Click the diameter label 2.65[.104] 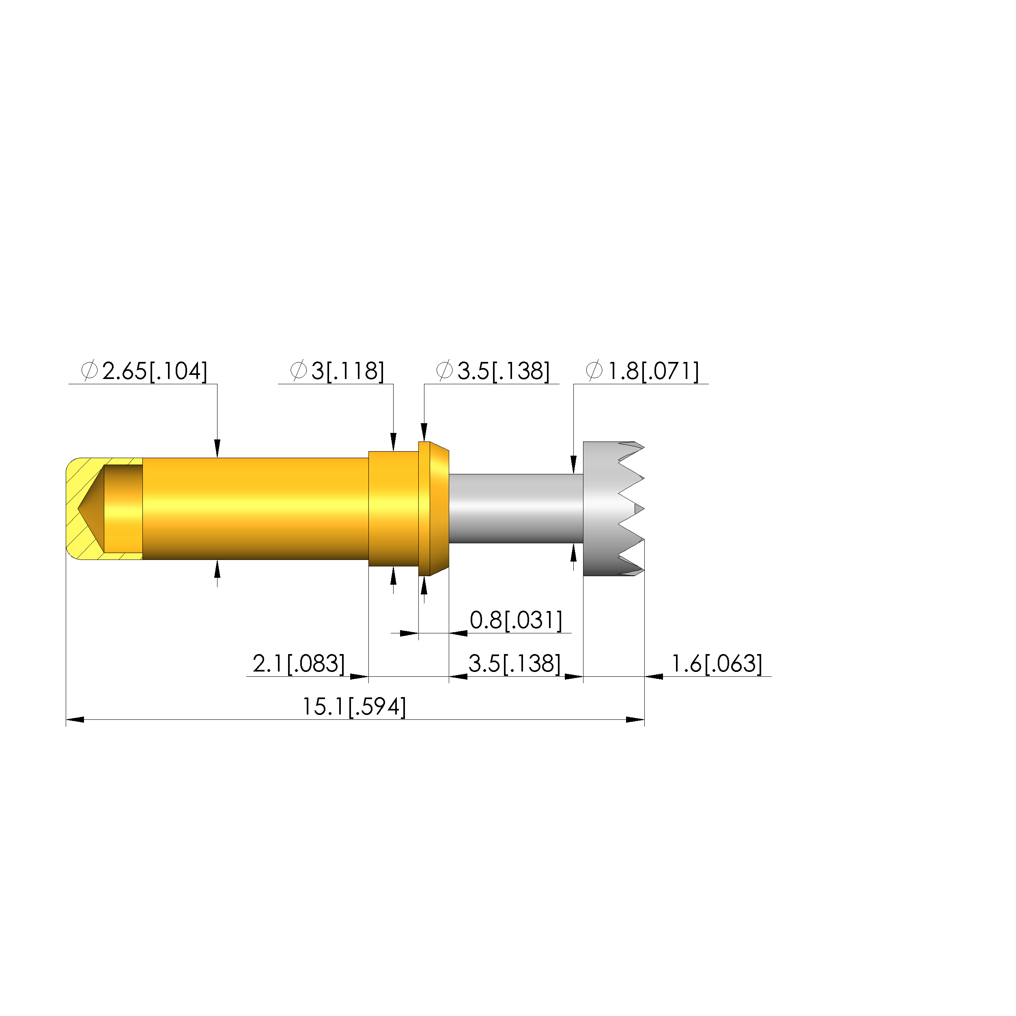coord(144,371)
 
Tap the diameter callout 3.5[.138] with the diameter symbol coord(493,371)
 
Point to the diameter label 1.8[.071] coord(642,371)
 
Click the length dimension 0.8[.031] coord(516,620)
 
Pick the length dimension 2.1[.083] coord(299,664)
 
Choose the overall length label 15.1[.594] coord(354,707)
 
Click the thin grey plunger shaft coord(516,508)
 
